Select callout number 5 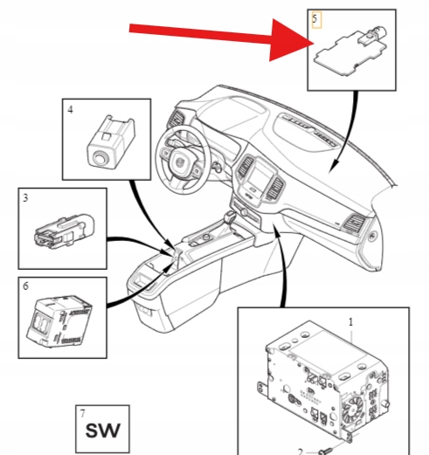point(315,18)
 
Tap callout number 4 point(70,110)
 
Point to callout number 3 point(25,198)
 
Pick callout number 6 point(25,286)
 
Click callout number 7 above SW point(83,413)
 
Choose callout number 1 point(350,322)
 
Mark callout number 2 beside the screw point(301,452)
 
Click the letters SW point(102,431)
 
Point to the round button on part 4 point(100,159)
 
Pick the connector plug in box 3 point(65,231)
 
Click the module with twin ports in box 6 point(59,321)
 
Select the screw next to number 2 point(326,452)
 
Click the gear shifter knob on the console point(230,217)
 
